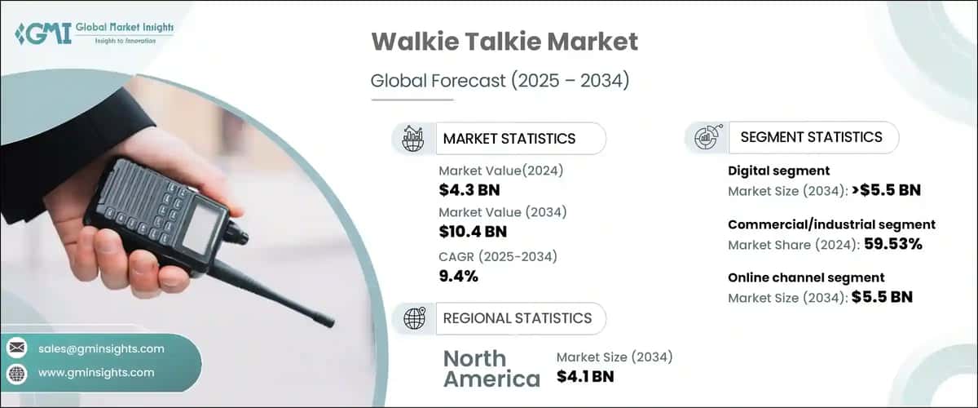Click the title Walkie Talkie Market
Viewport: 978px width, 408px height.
(x=504, y=42)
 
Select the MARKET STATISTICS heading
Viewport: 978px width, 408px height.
(x=509, y=139)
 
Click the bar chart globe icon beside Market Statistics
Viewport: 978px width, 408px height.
(x=413, y=139)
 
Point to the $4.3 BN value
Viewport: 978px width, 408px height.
(x=468, y=189)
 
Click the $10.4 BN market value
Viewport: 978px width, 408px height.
(x=473, y=232)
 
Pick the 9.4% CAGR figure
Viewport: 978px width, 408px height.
(x=458, y=276)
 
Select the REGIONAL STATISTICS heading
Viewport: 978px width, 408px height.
(x=517, y=318)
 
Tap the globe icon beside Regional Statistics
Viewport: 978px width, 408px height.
(x=414, y=318)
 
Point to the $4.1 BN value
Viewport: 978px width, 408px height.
(x=585, y=376)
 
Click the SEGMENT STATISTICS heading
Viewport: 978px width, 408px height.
(x=811, y=137)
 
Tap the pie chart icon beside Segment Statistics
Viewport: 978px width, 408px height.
(x=705, y=138)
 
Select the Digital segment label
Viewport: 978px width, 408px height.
(x=778, y=171)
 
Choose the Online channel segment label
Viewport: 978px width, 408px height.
(x=806, y=277)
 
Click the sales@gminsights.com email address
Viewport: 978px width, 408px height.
(x=101, y=348)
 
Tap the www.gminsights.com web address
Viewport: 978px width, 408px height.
(x=96, y=372)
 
